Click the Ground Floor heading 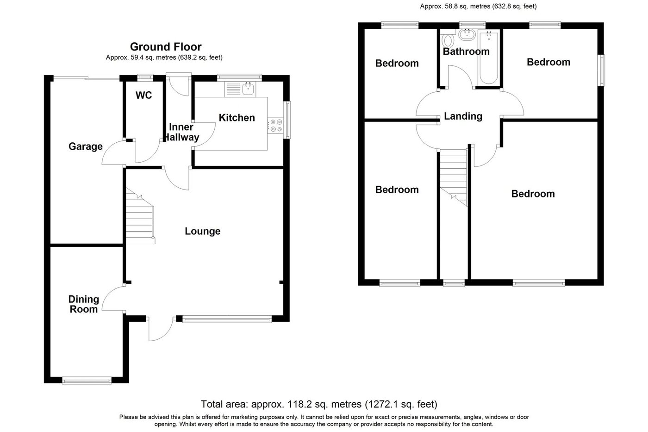pos(166,47)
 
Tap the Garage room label pos(86,147)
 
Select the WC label pos(143,95)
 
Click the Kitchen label pos(237,118)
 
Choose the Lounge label pos(203,231)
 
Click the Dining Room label pos(84,304)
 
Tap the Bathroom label pos(466,51)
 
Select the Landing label pos(463,116)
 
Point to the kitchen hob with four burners pos(276,125)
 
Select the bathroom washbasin pos(467,34)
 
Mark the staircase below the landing pos(453,178)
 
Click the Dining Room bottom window pos(87,381)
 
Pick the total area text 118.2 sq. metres pos(319,404)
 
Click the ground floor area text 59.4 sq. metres pos(164,58)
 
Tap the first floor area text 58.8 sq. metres pos(478,6)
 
